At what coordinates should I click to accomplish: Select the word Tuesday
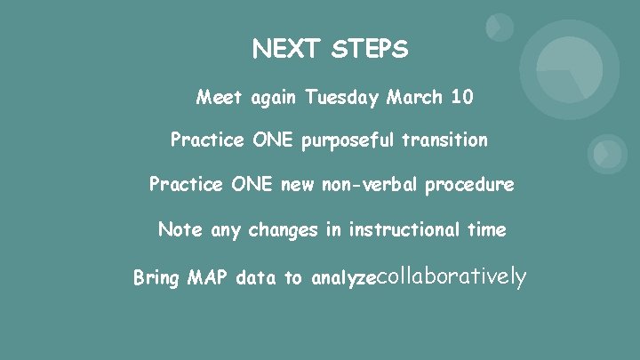point(343,97)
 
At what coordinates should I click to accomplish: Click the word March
point(414,97)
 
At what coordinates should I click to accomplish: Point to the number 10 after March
point(462,97)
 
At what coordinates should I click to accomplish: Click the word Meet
point(217,97)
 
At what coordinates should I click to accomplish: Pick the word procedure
point(469,186)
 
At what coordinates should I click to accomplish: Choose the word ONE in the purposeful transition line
point(275,140)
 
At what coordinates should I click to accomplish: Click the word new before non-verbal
point(298,185)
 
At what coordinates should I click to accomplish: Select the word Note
point(180,229)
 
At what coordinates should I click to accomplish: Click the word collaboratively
point(453,277)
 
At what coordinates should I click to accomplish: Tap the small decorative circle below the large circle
point(607,154)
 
